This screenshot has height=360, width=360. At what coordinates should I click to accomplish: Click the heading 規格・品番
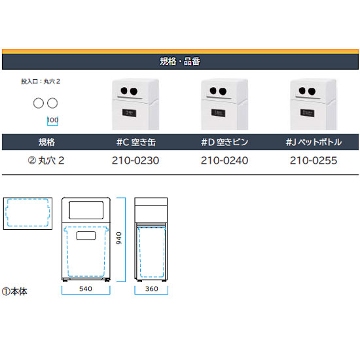pyautogui.click(x=180, y=62)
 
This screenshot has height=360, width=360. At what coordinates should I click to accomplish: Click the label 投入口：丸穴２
pyautogui.click(x=41, y=81)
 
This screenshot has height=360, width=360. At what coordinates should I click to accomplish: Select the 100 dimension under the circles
pyautogui.click(x=52, y=120)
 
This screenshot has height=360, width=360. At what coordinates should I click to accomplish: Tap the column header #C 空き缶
pyautogui.click(x=136, y=142)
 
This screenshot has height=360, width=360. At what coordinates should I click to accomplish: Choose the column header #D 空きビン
pyautogui.click(x=225, y=142)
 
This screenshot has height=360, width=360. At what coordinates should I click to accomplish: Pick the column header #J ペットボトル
pyautogui.click(x=314, y=142)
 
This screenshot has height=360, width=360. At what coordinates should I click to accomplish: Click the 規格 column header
pyautogui.click(x=46, y=142)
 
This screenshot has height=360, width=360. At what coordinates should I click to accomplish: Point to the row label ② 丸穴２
pyautogui.click(x=46, y=160)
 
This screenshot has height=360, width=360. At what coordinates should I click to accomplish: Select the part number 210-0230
pyautogui.click(x=135, y=160)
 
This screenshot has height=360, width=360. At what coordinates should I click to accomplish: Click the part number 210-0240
pyautogui.click(x=225, y=160)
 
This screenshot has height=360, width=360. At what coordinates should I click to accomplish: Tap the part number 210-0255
pyautogui.click(x=314, y=160)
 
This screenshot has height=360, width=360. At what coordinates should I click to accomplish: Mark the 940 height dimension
pyautogui.click(x=119, y=238)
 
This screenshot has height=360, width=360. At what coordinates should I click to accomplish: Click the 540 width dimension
pyautogui.click(x=86, y=289)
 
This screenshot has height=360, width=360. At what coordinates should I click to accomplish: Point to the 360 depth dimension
pyautogui.click(x=152, y=289)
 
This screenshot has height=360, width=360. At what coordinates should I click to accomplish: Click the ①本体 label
pyautogui.click(x=14, y=291)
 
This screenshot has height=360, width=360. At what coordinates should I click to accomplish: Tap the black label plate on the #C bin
pyautogui.click(x=129, y=113)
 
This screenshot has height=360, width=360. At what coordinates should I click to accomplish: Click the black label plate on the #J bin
pyautogui.click(x=307, y=113)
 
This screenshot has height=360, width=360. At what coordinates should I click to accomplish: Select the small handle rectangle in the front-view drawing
pyautogui.click(x=86, y=236)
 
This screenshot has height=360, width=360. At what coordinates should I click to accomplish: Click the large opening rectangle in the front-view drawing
pyautogui.click(x=86, y=210)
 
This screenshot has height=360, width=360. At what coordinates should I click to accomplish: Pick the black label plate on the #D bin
pyautogui.click(x=218, y=113)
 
